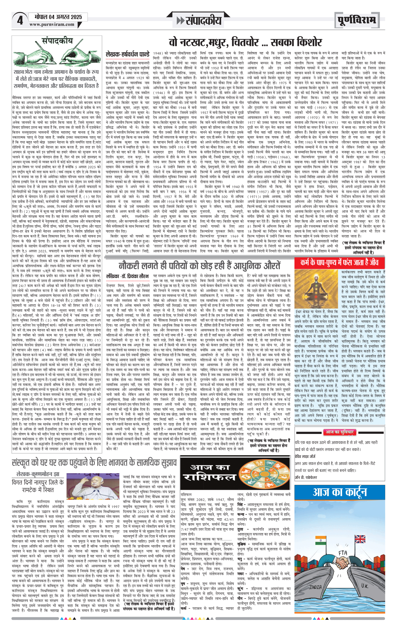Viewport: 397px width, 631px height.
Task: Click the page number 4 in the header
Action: (x=20, y=20)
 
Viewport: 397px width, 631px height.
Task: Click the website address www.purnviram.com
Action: (x=52, y=24)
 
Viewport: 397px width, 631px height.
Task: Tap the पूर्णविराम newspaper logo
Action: (x=357, y=20)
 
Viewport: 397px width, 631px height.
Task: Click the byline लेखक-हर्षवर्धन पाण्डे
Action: (x=127, y=54)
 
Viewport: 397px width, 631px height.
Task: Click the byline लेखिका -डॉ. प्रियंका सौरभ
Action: (x=127, y=276)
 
